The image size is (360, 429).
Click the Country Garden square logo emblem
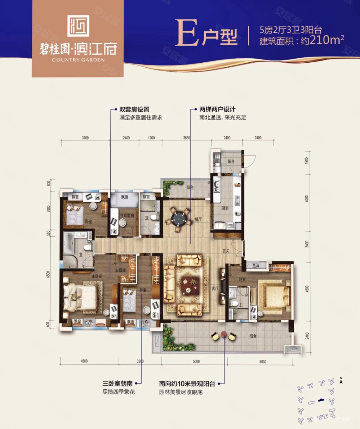pos(78,26)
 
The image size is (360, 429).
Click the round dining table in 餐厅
pos(179,218)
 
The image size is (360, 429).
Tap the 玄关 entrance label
pos(226,251)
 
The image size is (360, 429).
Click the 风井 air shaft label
pos(256,267)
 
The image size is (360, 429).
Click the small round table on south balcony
pos(224,334)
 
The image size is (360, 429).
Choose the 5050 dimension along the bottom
pos(262,361)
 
